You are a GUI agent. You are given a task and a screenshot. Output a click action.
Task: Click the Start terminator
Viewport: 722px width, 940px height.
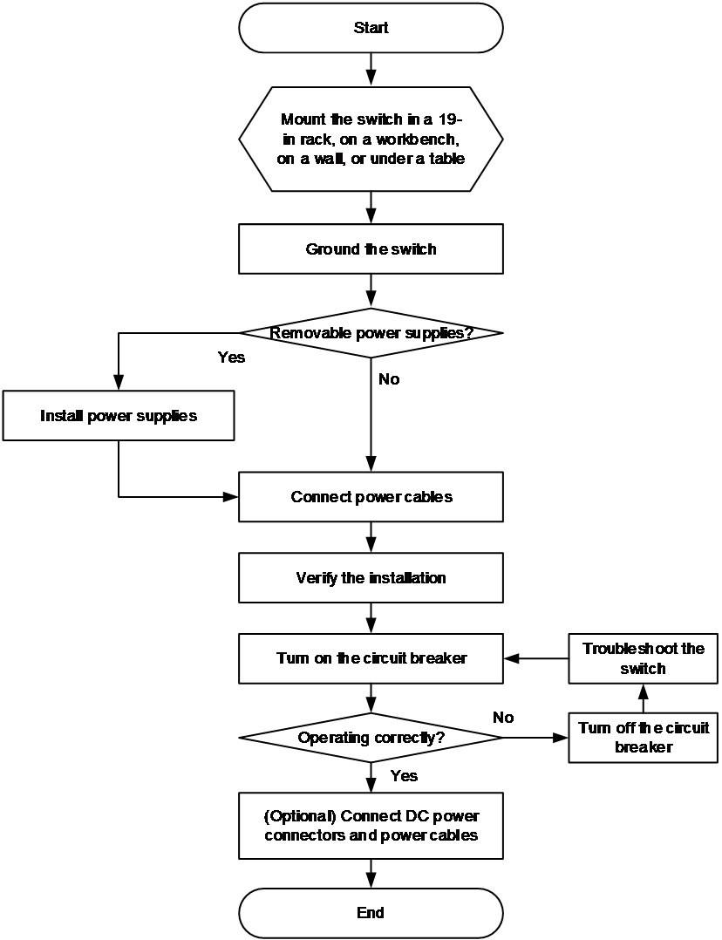(x=371, y=28)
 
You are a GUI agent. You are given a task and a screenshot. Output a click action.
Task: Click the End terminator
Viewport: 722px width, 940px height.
(x=371, y=912)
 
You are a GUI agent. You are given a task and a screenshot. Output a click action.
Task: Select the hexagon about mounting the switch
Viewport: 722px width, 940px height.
(x=371, y=140)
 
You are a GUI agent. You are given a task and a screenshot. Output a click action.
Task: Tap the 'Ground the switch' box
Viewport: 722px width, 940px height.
(x=371, y=249)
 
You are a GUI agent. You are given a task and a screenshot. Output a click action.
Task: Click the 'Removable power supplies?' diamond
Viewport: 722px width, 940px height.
(x=371, y=333)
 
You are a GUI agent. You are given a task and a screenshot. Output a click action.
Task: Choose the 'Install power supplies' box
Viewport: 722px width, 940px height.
(x=119, y=415)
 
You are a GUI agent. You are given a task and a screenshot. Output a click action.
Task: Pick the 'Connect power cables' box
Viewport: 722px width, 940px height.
(x=371, y=496)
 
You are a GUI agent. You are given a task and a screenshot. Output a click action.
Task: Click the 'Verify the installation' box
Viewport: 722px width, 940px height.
(x=371, y=578)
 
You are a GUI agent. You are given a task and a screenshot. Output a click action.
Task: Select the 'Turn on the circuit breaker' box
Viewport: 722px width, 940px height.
(x=371, y=658)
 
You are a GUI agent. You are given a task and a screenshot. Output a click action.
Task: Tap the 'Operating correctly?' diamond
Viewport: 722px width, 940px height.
(x=371, y=738)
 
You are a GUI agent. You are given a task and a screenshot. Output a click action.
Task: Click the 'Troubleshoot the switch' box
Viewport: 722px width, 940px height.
(x=643, y=658)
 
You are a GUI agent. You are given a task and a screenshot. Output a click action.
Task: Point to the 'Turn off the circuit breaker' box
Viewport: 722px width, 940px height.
(x=643, y=738)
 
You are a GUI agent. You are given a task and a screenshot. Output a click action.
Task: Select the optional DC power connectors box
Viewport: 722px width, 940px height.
(x=371, y=826)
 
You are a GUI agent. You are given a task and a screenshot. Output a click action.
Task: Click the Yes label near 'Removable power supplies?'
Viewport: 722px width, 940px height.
(x=231, y=358)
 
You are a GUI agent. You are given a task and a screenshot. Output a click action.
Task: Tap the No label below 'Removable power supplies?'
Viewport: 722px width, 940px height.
(x=389, y=378)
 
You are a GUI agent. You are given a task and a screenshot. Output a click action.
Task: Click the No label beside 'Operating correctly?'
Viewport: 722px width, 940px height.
(x=503, y=717)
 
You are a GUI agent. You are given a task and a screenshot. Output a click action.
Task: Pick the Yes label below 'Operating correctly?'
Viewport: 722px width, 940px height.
(x=405, y=776)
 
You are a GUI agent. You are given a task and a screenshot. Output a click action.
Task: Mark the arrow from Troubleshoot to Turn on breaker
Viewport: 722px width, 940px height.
(x=536, y=658)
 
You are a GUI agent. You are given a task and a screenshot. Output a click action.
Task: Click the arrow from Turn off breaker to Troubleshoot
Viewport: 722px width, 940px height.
(x=643, y=698)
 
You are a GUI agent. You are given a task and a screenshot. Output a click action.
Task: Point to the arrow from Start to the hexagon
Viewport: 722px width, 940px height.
(x=371, y=70)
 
